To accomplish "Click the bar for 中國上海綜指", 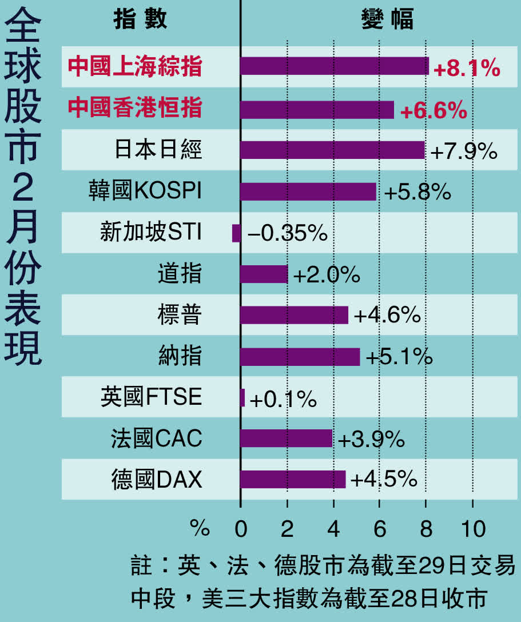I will pyautogui.click(x=335, y=66).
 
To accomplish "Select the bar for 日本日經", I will pyautogui.click(x=332, y=150).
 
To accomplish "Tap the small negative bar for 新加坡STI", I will pyautogui.click(x=236, y=233).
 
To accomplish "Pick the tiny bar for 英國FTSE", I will pyautogui.click(x=242, y=397).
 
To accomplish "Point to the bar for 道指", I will pyautogui.click(x=264, y=274).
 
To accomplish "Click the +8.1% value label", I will pyautogui.click(x=467, y=69).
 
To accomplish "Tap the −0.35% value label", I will pyautogui.click(x=287, y=233).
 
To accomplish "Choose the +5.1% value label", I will pyautogui.click(x=399, y=357).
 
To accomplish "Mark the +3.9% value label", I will pyautogui.click(x=371, y=440).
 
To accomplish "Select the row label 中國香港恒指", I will pyautogui.click(x=135, y=108).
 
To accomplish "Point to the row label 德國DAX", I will pyautogui.click(x=157, y=480).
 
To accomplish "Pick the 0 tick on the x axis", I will pyautogui.click(x=241, y=529).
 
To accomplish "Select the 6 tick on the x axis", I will pyautogui.click(x=379, y=529).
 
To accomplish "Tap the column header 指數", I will pyautogui.click(x=141, y=19).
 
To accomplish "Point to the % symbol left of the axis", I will pyautogui.click(x=200, y=529).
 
